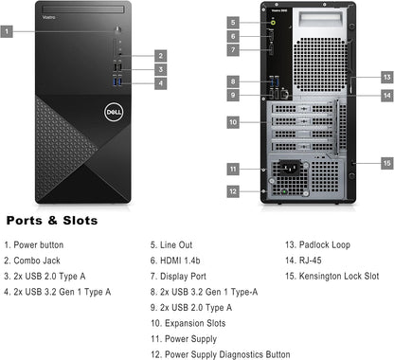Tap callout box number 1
click(8, 31)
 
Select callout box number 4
click(161, 82)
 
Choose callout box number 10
click(233, 121)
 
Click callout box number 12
click(233, 190)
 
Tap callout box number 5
click(233, 21)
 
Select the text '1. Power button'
click(34, 243)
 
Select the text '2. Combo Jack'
click(32, 259)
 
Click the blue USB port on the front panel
click(118, 81)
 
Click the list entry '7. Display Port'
click(179, 275)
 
